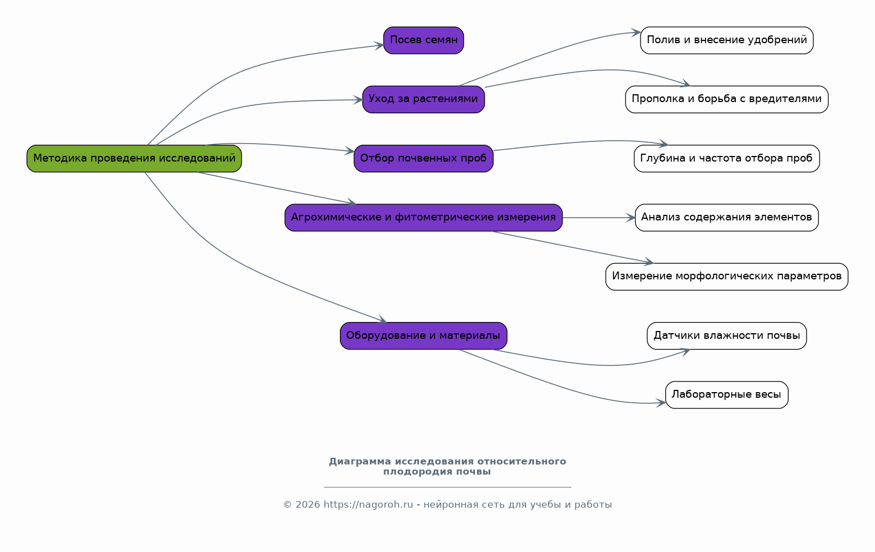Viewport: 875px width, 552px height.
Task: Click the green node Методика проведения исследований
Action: [x=134, y=159]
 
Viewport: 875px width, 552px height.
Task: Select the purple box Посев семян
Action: [x=423, y=40]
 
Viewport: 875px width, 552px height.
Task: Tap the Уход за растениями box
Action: [x=423, y=100]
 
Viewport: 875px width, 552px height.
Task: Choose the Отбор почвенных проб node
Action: [x=423, y=159]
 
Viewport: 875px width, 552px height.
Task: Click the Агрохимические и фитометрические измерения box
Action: [x=423, y=218]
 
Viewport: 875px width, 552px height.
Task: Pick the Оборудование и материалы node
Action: [x=423, y=336]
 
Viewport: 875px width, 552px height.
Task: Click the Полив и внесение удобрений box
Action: [x=726, y=40]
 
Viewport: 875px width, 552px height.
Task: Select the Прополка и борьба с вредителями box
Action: [x=726, y=100]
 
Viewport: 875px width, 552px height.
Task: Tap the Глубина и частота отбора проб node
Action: [x=726, y=159]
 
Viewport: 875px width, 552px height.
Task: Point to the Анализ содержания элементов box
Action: [x=726, y=218]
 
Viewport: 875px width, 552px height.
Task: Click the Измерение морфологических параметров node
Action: [x=726, y=277]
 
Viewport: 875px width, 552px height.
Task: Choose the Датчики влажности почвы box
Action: [x=726, y=336]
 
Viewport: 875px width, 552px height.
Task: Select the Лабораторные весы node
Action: [x=726, y=395]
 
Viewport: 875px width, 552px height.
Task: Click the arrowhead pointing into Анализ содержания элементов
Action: [x=631, y=218]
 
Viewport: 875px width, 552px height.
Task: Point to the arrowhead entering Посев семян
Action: [x=379, y=45]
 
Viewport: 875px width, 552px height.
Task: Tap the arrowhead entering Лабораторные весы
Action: [x=661, y=402]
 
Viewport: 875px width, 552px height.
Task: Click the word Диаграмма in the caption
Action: [x=360, y=462]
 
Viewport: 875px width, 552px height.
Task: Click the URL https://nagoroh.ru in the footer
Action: [x=368, y=505]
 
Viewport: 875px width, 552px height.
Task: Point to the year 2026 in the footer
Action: [x=307, y=505]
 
